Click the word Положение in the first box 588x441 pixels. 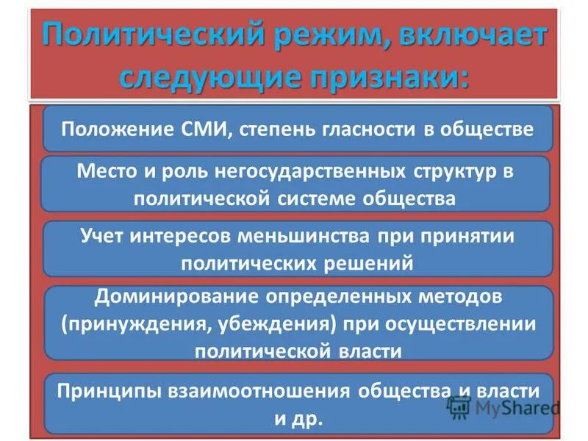(115, 129)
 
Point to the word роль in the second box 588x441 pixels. (184, 172)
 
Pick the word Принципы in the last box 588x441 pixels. (104, 392)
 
